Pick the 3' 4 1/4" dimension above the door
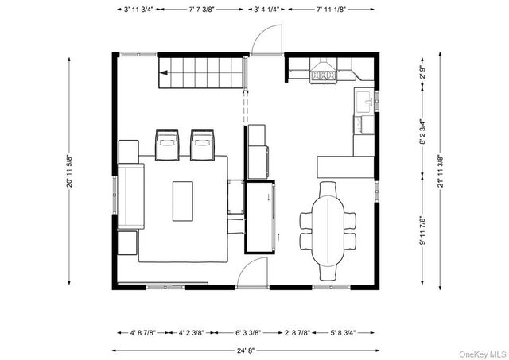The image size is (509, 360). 268,10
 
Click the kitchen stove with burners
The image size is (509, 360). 324,75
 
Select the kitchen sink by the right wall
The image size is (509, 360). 365,102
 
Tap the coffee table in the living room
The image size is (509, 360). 183,201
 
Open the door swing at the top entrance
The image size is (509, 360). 266,40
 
